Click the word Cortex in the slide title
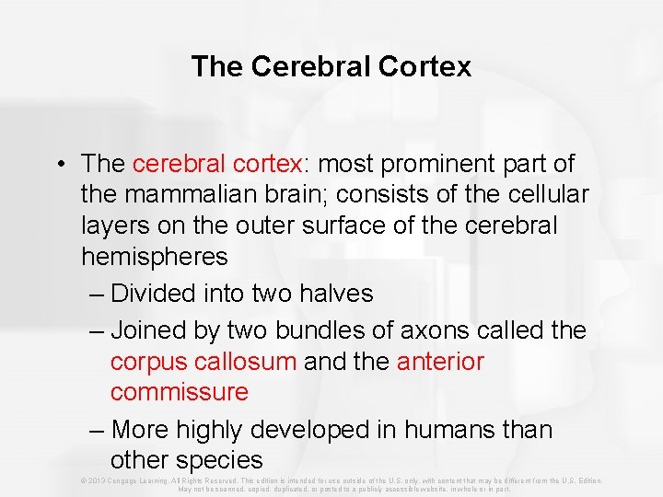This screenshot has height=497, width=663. [x=427, y=66]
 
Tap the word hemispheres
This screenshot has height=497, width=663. [x=155, y=256]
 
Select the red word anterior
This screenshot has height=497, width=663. [x=440, y=362]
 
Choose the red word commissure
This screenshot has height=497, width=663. [x=179, y=392]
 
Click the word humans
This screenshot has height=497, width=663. [x=463, y=430]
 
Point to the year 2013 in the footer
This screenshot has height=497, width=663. [x=94, y=480]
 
